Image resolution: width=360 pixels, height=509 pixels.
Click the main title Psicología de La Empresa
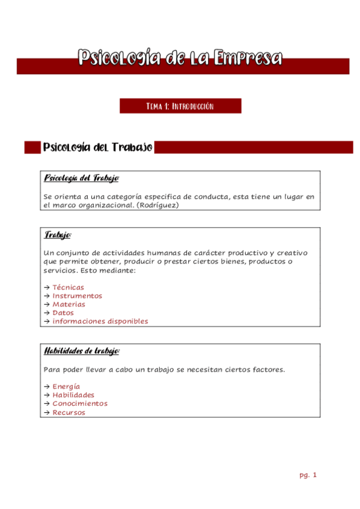tap(180, 59)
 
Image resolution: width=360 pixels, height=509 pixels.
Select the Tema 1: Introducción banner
tap(180, 106)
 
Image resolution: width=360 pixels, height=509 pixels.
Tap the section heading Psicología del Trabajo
tap(97, 147)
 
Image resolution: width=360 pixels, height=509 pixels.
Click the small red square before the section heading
tap(32, 147)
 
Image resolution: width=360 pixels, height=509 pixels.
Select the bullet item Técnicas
tap(68, 288)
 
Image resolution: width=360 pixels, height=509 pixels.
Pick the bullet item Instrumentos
tap(77, 296)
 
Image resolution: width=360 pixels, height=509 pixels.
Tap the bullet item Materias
tap(69, 304)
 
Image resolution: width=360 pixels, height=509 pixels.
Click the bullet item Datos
tap(63, 313)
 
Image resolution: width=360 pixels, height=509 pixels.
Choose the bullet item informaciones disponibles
tap(100, 321)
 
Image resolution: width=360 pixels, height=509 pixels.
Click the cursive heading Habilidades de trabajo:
tap(82, 351)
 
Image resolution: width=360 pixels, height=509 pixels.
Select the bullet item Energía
tap(66, 387)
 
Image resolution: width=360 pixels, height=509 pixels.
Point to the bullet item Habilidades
tap(73, 395)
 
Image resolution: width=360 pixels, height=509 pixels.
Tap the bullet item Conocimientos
tap(80, 403)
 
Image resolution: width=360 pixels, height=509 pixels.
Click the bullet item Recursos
tap(69, 412)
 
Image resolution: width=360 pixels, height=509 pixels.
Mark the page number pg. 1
tap(308, 475)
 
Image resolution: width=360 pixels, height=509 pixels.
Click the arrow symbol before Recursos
tap(47, 412)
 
